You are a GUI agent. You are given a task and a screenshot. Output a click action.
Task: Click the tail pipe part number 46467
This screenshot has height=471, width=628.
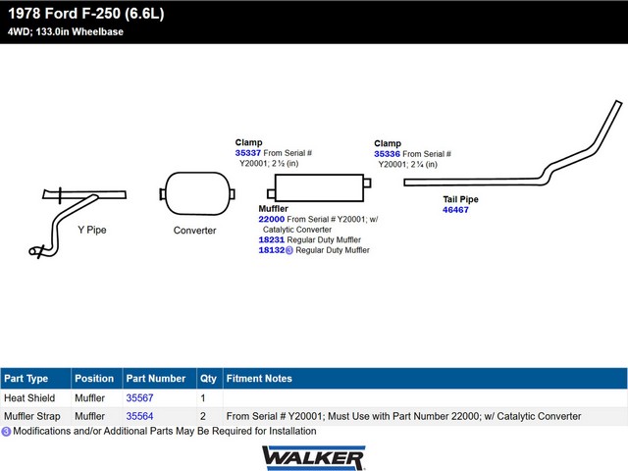tap(455, 209)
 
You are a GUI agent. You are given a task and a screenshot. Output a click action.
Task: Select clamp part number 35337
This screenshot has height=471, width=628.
tap(248, 153)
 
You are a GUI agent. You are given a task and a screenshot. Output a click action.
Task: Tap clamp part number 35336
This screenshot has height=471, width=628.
tap(387, 154)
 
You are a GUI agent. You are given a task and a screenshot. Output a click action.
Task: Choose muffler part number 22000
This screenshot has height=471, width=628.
tap(271, 219)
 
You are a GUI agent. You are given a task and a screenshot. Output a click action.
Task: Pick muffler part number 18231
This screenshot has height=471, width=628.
tap(271, 239)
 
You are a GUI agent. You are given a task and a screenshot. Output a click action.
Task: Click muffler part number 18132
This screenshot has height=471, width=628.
tap(271, 250)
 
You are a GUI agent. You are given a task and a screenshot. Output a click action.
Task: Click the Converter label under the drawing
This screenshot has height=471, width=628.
tap(194, 231)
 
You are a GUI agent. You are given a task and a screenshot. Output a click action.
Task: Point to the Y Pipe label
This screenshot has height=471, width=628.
tap(92, 230)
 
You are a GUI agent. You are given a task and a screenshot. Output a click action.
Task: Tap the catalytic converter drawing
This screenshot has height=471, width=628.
tap(197, 194)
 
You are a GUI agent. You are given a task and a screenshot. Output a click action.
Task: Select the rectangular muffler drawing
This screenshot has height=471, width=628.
tap(319, 187)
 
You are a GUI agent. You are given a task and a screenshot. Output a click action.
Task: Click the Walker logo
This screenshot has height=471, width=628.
tap(314, 457)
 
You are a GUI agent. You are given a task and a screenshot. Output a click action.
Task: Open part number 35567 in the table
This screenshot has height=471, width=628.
tap(139, 397)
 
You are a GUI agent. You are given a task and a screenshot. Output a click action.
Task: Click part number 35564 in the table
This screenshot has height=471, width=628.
tap(139, 416)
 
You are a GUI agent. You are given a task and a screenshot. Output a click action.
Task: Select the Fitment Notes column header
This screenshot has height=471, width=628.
tap(259, 379)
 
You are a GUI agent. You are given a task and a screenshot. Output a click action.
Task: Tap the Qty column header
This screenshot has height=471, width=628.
tap(208, 379)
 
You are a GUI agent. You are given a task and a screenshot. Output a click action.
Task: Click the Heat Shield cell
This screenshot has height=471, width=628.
tap(29, 397)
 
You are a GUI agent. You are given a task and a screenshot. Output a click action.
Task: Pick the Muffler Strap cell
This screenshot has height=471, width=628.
tap(32, 416)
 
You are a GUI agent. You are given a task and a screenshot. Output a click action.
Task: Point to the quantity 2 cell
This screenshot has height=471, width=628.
tap(203, 416)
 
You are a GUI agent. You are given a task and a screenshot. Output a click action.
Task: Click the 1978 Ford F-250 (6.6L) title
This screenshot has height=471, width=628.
tap(86, 14)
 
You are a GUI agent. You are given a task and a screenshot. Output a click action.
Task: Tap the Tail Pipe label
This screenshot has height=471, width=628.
tap(460, 199)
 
